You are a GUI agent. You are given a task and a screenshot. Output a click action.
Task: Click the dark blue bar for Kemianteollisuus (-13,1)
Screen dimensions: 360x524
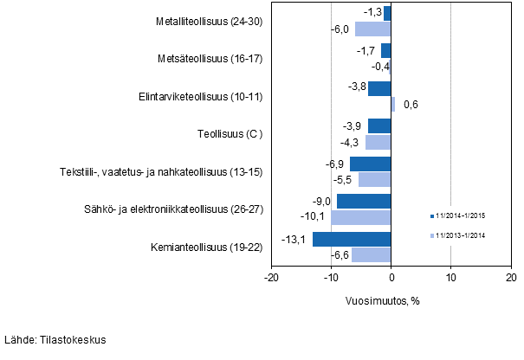tap(352, 240)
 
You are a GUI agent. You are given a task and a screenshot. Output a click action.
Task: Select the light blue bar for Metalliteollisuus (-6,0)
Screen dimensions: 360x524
tap(373, 29)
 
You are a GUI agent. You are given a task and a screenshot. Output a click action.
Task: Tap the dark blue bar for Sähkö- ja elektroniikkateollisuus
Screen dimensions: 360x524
tap(364, 202)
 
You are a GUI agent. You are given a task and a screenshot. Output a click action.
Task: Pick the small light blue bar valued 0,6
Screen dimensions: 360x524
tap(393, 105)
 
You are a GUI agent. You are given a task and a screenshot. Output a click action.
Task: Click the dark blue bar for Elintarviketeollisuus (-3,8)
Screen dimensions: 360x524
tap(379, 88)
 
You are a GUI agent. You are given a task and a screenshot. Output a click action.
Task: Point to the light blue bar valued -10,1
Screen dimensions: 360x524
tap(361, 217)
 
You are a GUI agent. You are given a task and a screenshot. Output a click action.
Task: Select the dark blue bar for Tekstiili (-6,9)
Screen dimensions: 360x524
tap(371, 164)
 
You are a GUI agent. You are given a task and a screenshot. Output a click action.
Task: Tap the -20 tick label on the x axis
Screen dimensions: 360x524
tap(271, 278)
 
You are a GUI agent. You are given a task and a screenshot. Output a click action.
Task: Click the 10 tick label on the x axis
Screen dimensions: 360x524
tap(450, 278)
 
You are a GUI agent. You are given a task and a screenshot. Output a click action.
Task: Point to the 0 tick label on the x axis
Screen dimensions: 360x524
tap(391, 278)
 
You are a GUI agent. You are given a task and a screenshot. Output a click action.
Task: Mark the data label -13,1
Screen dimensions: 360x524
tap(294, 240)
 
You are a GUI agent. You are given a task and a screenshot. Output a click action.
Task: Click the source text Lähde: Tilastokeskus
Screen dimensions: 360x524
tap(55, 340)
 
